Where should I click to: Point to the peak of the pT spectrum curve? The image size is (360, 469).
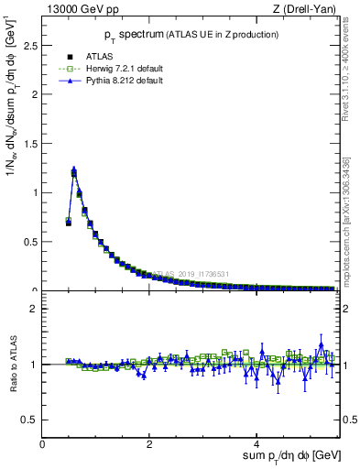(73, 169)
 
